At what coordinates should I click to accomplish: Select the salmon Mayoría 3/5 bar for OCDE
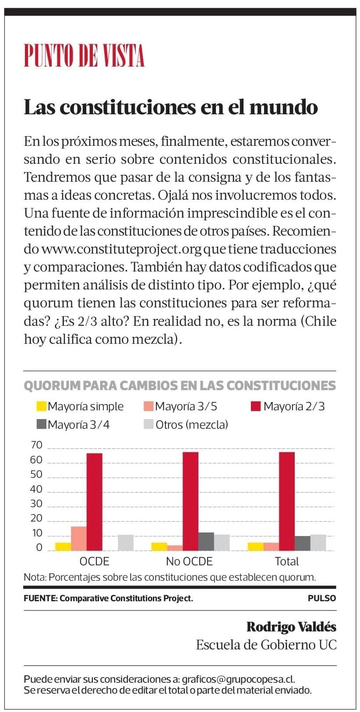(x=79, y=538)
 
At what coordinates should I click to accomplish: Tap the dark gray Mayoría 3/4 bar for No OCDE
(x=206, y=541)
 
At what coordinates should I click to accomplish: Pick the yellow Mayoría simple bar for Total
(x=255, y=546)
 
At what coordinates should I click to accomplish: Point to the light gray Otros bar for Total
(x=318, y=542)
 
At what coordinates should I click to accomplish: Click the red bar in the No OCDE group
(x=191, y=501)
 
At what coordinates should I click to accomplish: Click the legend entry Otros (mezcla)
(x=186, y=424)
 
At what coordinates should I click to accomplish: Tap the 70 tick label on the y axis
(x=36, y=445)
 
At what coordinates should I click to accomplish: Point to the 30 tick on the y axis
(x=36, y=504)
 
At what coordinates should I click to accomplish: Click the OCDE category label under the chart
(x=94, y=561)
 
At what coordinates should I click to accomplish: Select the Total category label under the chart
(x=286, y=561)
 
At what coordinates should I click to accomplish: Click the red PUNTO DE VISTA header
(x=84, y=56)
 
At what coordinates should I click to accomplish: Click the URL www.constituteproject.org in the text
(x=121, y=249)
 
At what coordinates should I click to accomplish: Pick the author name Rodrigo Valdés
(x=291, y=627)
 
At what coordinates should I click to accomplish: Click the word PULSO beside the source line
(x=322, y=598)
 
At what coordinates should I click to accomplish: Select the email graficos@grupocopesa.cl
(x=238, y=679)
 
